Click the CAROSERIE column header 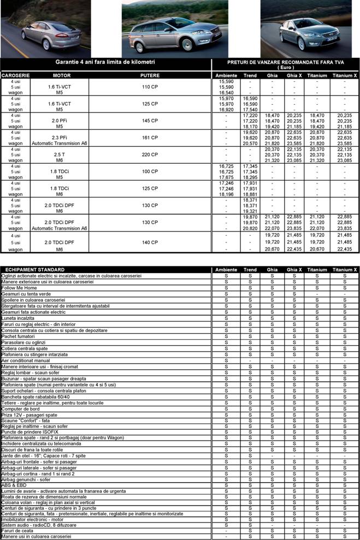[x=16, y=75]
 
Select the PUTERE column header [x=150, y=75]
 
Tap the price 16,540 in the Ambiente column [x=226, y=93]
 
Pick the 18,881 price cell [x=250, y=194]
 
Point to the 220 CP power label [x=150, y=155]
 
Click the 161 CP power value [x=150, y=138]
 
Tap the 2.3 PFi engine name [x=59, y=138]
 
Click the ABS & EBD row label [x=14, y=485]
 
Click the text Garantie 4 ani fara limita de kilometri [x=105, y=62]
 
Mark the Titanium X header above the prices [x=345, y=75]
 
